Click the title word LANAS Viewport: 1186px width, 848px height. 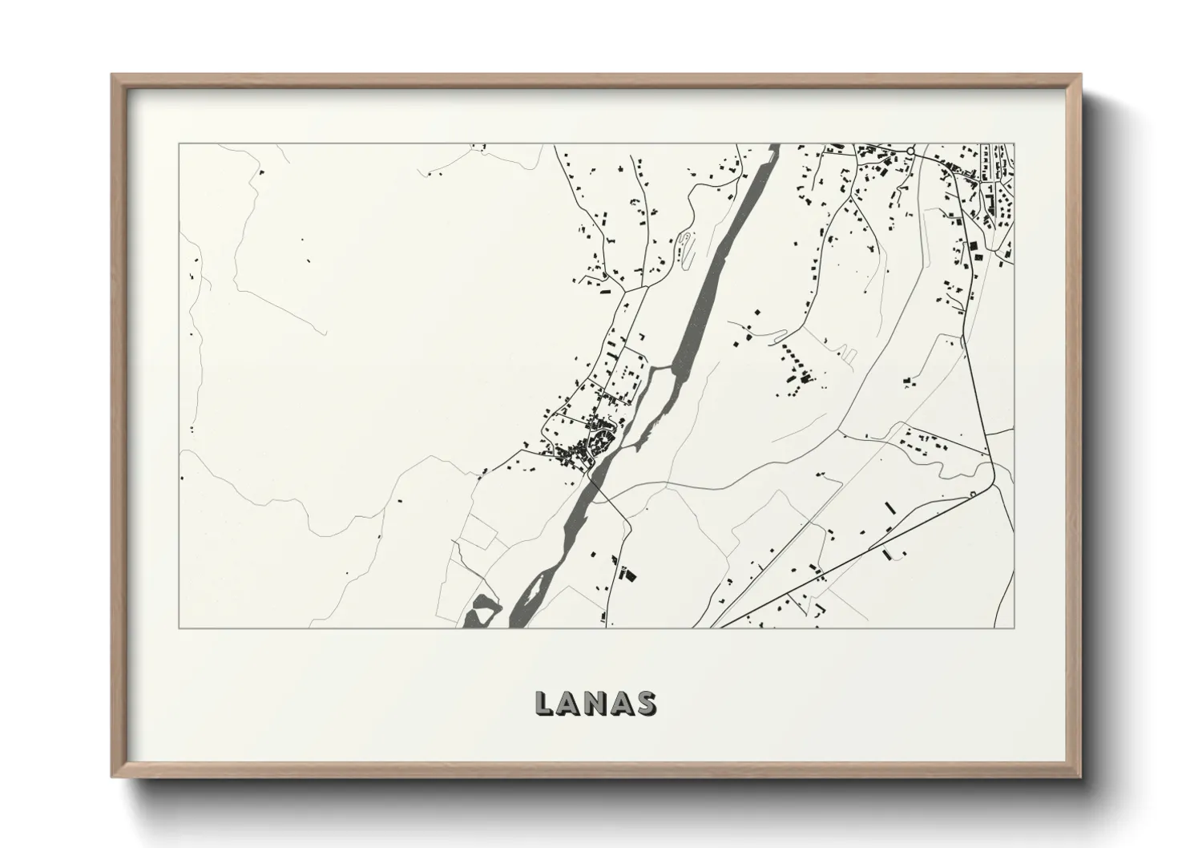[x=595, y=702]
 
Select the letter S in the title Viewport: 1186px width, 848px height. [x=646, y=703]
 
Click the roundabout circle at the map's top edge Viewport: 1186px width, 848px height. [x=910, y=150]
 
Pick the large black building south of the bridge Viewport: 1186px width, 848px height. [x=627, y=574]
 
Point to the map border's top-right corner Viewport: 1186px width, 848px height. [x=1014, y=144]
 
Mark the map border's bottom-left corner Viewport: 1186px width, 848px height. [x=180, y=628]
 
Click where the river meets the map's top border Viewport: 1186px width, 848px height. [x=774, y=145]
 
